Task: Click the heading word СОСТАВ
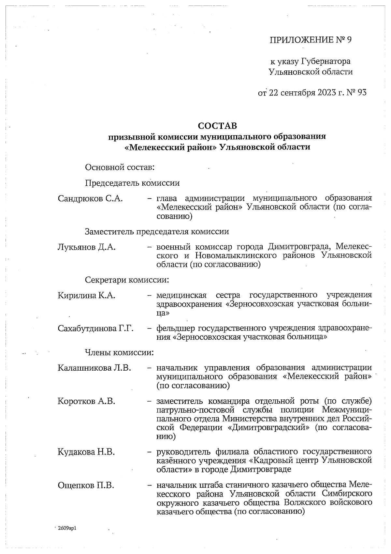[x=217, y=126]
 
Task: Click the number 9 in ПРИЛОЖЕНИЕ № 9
[x=349, y=40]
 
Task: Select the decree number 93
[x=362, y=93]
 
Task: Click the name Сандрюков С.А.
[x=90, y=198]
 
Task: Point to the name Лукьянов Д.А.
[x=87, y=247]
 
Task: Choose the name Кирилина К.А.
[x=87, y=296]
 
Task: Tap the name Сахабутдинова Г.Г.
[x=96, y=328]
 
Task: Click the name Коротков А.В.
[x=87, y=401]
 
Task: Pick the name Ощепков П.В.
[x=86, y=485]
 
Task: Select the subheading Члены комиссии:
[x=119, y=352]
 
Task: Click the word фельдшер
[x=176, y=328]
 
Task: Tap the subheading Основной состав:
[x=120, y=168]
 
